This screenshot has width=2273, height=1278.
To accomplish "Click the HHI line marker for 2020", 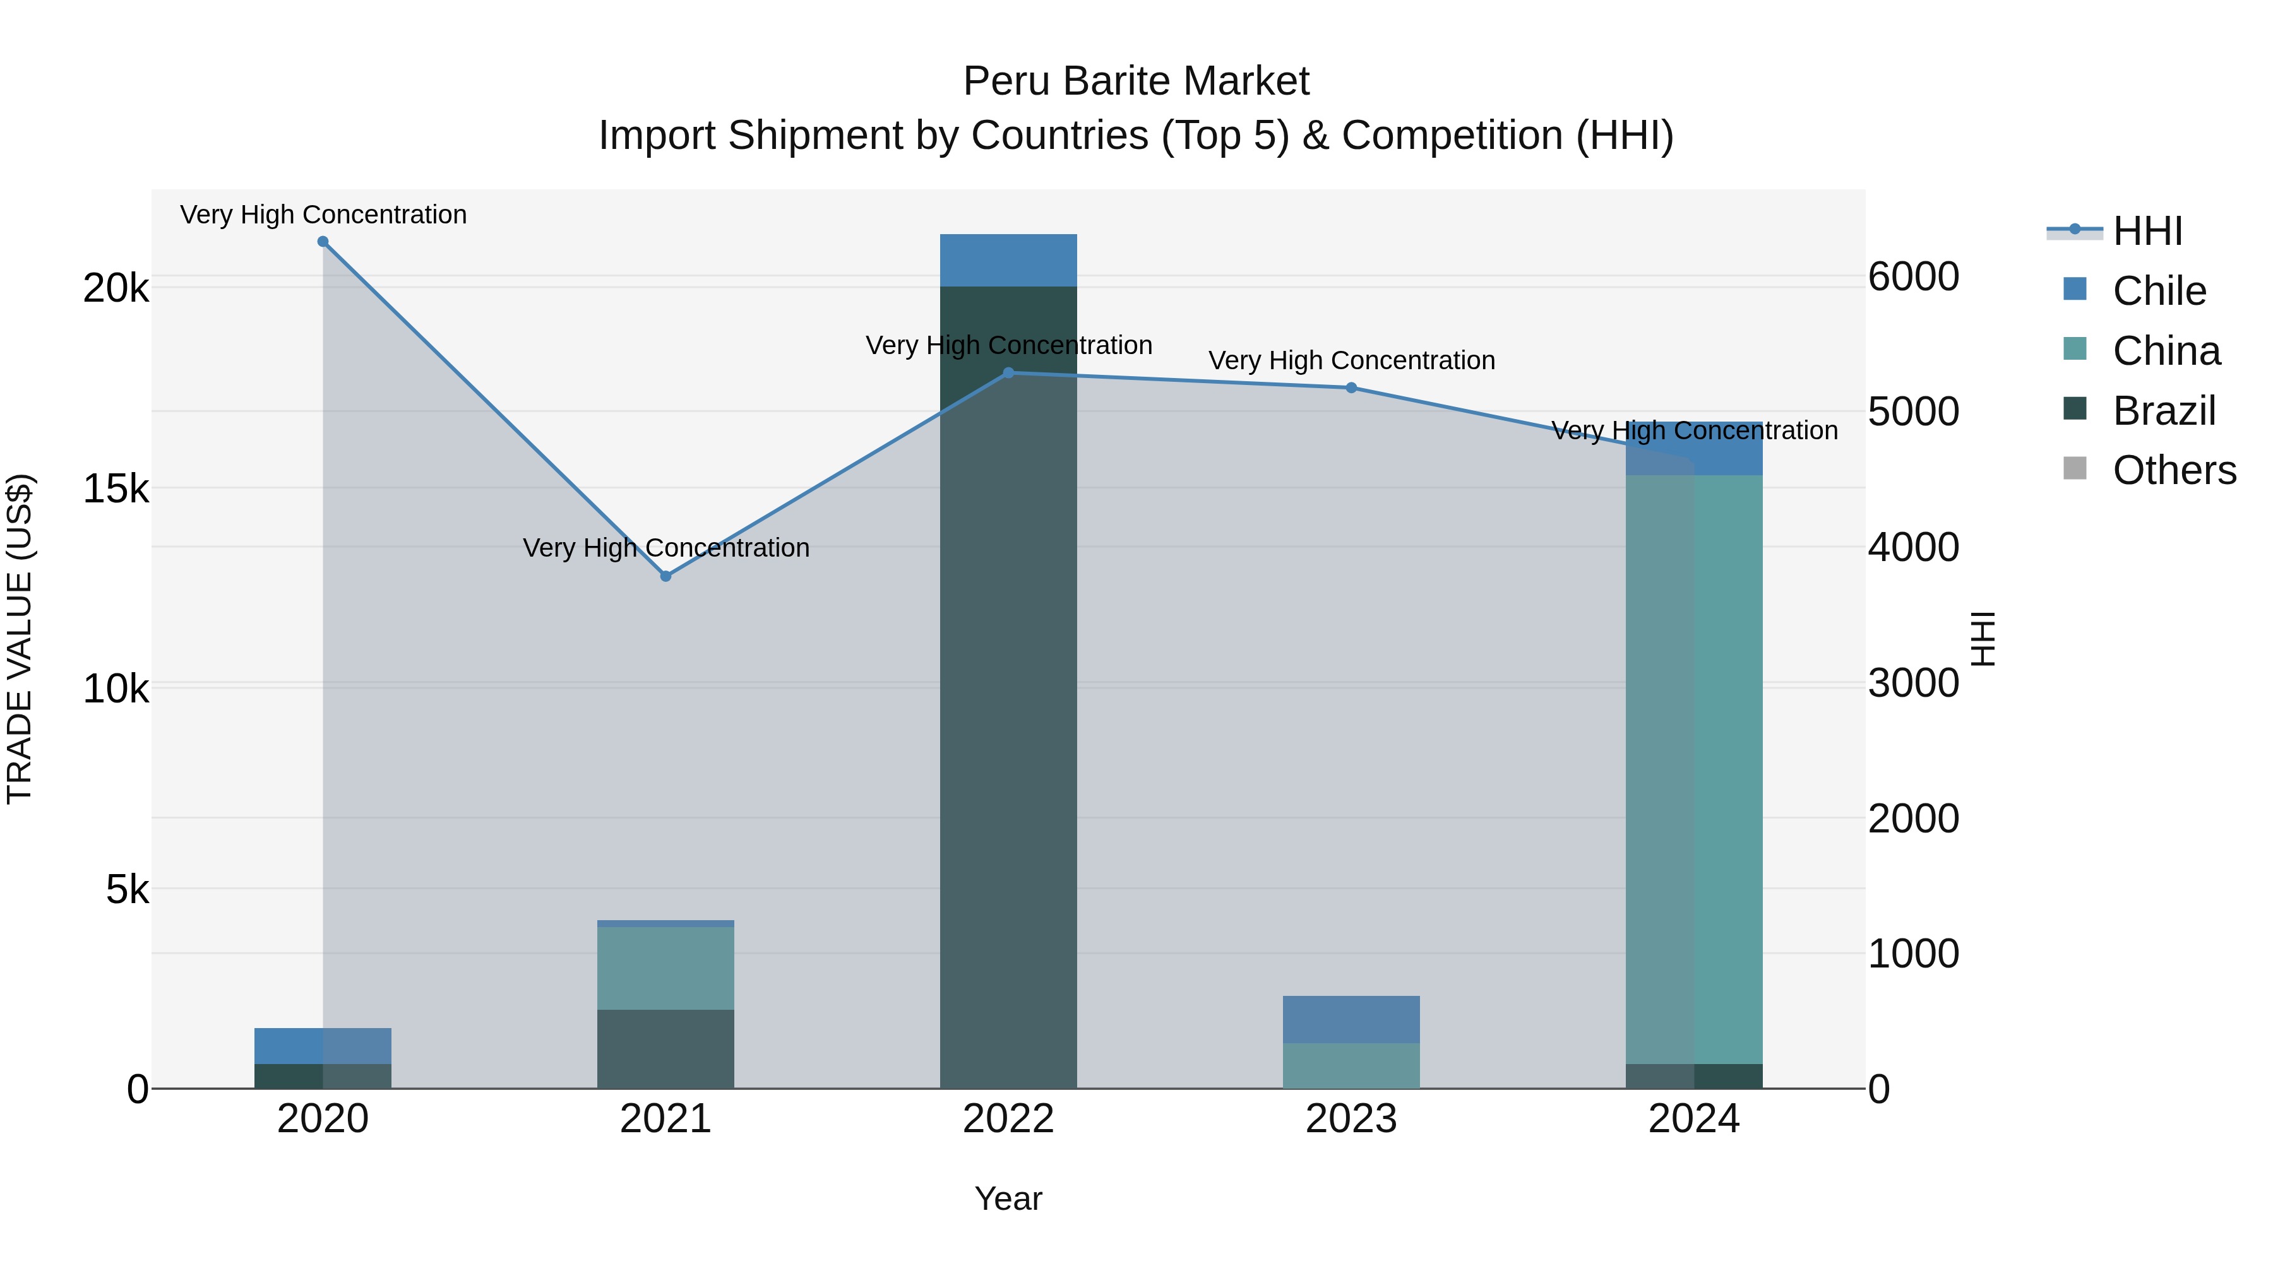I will pyautogui.click(x=323, y=242).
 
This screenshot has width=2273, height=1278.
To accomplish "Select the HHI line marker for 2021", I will pyautogui.click(x=666, y=576).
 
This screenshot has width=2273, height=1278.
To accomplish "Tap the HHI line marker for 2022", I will pyautogui.click(x=1008, y=373).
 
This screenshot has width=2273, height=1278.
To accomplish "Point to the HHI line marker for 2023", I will pyautogui.click(x=1351, y=388).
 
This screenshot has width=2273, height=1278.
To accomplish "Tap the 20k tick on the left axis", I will pyautogui.click(x=116, y=288).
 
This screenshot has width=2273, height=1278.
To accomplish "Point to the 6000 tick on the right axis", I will pyautogui.click(x=1914, y=277).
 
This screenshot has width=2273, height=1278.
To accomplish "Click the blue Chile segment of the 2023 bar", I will pyautogui.click(x=1351, y=1020).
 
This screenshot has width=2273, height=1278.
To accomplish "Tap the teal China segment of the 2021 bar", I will pyautogui.click(x=666, y=967).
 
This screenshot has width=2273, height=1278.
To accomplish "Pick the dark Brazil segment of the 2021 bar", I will pyautogui.click(x=666, y=1049).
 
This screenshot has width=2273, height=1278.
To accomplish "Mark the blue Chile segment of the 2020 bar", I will pyautogui.click(x=323, y=1046).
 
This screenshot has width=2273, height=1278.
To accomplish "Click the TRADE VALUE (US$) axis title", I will pyautogui.click(x=20, y=639).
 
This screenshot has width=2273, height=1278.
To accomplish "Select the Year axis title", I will pyautogui.click(x=1008, y=1200).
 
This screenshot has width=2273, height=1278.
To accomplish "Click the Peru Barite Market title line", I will pyautogui.click(x=1136, y=81).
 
